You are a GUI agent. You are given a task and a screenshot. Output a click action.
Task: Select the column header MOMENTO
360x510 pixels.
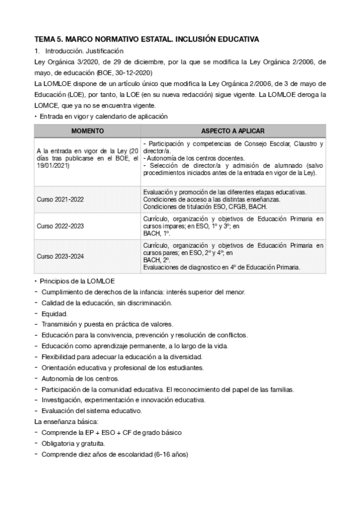point(87,131)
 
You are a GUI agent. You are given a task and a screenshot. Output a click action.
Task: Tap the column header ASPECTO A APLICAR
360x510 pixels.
point(233,131)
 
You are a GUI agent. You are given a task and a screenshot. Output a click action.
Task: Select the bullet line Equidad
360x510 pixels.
point(54,313)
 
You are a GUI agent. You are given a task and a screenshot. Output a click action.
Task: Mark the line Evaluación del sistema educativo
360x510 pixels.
point(91,411)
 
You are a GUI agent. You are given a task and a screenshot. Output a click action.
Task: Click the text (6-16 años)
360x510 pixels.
point(171,455)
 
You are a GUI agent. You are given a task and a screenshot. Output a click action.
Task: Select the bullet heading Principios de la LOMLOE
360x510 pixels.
point(81,281)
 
